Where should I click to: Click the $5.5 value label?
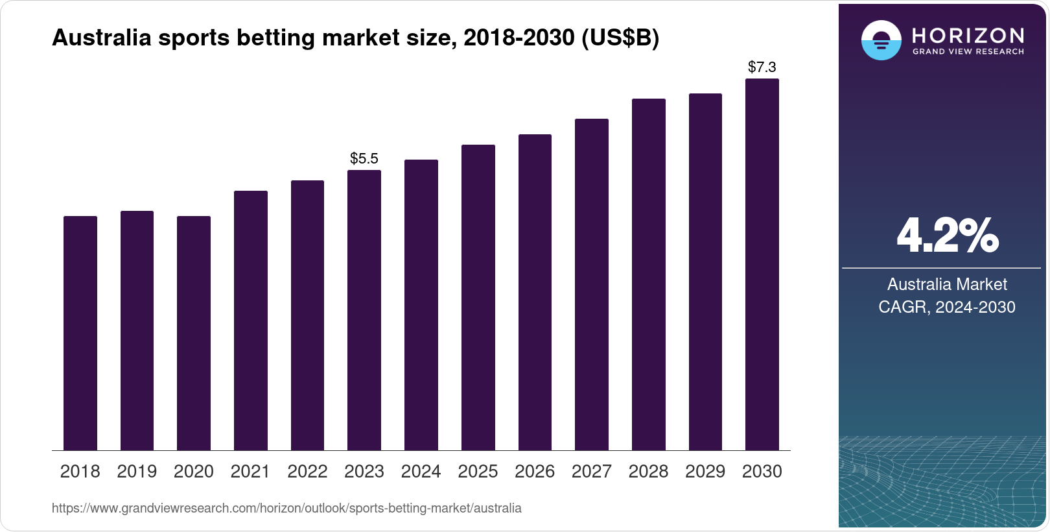pyautogui.click(x=364, y=158)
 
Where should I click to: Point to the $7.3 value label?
pyautogui.click(x=762, y=67)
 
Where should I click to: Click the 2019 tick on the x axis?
pyautogui.click(x=137, y=471)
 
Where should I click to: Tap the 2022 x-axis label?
pyautogui.click(x=307, y=471)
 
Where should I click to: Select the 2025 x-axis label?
pyautogui.click(x=478, y=471)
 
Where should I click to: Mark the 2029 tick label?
pyautogui.click(x=705, y=471)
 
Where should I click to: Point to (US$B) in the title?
pyautogui.click(x=620, y=38)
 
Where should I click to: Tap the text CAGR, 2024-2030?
pyautogui.click(x=947, y=307)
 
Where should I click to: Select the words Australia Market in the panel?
pyautogui.click(x=947, y=284)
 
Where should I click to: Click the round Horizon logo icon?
pyautogui.click(x=881, y=40)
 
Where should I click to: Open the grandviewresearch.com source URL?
pyautogui.click(x=286, y=508)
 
